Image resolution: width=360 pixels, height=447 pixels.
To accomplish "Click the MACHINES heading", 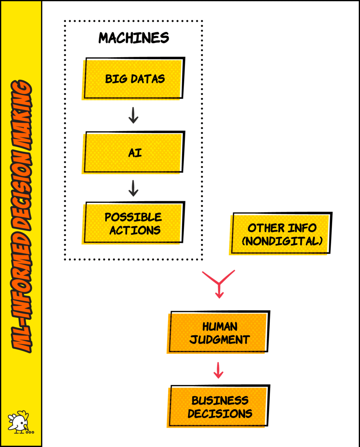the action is click(x=134, y=38).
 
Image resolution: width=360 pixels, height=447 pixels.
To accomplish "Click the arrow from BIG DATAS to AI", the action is click(x=133, y=115).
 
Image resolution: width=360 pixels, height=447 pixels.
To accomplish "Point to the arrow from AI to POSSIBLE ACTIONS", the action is click(x=133, y=188).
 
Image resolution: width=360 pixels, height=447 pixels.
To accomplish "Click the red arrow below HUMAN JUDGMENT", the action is click(x=218, y=370).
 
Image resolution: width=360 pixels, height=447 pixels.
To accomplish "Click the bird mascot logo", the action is click(x=20, y=422).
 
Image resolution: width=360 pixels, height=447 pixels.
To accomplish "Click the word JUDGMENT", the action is click(x=220, y=340).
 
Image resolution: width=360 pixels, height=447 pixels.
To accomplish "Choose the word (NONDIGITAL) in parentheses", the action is click(x=282, y=241).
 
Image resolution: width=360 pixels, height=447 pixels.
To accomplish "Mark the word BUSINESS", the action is click(x=220, y=400).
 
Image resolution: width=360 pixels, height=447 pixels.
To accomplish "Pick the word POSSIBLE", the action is click(x=133, y=217).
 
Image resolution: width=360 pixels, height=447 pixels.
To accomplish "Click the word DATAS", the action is click(x=148, y=79).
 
